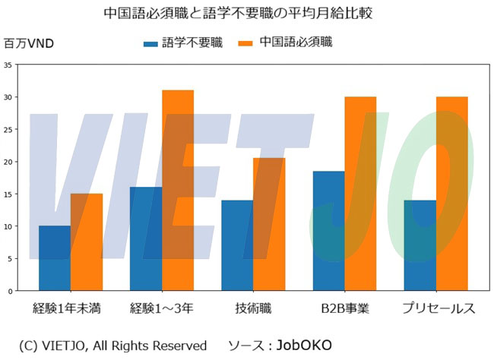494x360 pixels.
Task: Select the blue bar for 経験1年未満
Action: [x=54, y=258]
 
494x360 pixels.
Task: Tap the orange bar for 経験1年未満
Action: [x=86, y=242]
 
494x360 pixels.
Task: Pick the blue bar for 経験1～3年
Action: [x=146, y=238]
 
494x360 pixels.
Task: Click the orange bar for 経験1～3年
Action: [x=178, y=191]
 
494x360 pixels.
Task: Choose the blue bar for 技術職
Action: [x=237, y=245]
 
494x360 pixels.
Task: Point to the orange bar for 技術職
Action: [x=269, y=224]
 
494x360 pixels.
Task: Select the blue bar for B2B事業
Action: [x=328, y=231]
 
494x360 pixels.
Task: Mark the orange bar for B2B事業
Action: [x=360, y=194]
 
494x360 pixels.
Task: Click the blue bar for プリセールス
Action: [x=420, y=245]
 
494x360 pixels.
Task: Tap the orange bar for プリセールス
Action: [x=452, y=194]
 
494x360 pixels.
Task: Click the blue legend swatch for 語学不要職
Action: [x=152, y=44]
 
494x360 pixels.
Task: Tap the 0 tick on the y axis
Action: [x=9, y=291]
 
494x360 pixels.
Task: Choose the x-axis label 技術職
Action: [x=253, y=308]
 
